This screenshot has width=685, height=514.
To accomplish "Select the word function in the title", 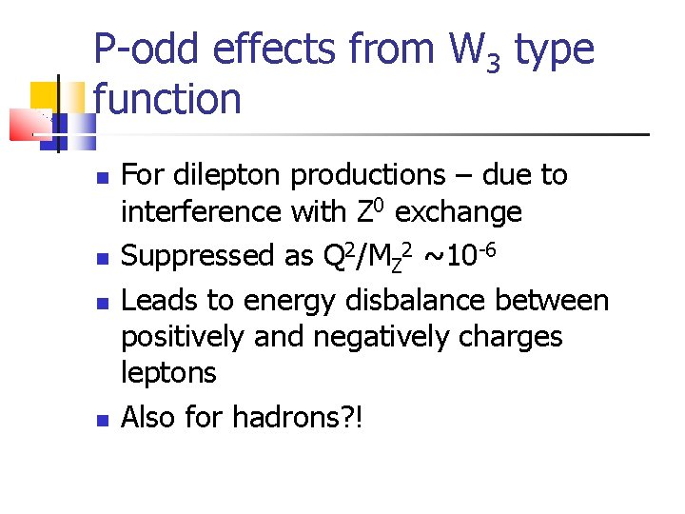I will pos(167,99).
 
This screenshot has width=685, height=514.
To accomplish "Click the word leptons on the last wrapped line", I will pos(168,373).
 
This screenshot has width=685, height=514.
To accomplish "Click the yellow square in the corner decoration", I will pos(44,95).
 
